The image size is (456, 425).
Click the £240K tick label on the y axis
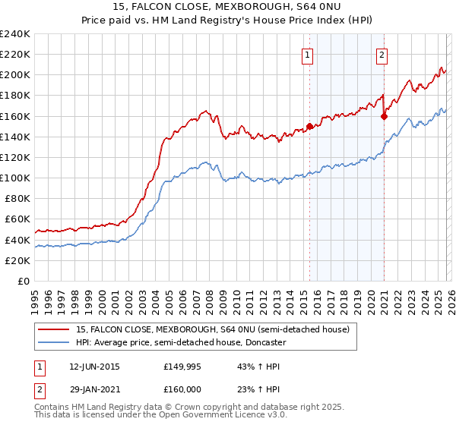click(14, 34)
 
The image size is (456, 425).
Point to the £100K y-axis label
click(14, 178)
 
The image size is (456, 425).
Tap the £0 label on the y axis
click(24, 281)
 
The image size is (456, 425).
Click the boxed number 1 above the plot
click(307, 54)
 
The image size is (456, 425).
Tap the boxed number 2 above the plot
click(382, 54)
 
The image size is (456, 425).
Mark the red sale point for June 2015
click(309, 127)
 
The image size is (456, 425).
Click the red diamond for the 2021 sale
click(385, 116)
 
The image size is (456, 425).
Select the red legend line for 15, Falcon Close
click(53, 329)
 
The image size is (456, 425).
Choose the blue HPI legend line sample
click(53, 343)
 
